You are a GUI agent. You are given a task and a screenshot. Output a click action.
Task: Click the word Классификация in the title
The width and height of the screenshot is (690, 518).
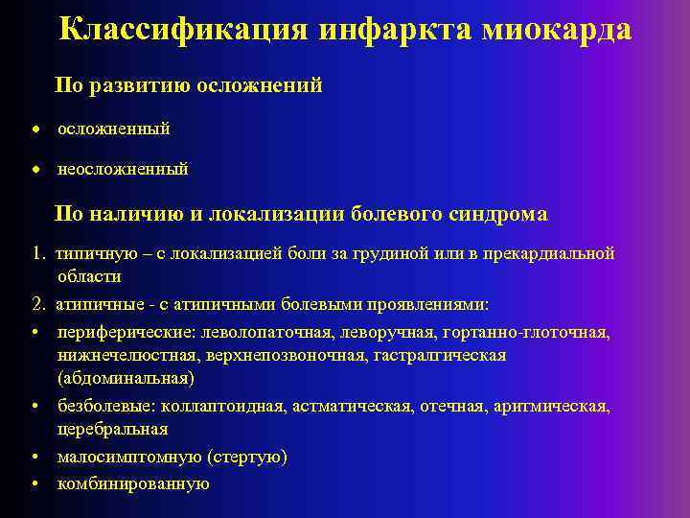point(183,29)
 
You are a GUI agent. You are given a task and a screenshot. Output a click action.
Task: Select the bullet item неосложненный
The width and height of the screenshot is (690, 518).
point(123,169)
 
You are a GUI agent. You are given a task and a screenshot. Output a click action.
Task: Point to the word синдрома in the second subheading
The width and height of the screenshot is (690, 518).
point(497,214)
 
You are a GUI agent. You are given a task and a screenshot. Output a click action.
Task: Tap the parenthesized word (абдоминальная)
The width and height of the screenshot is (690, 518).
point(125,378)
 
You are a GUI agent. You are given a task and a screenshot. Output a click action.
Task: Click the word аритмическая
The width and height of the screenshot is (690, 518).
point(550,407)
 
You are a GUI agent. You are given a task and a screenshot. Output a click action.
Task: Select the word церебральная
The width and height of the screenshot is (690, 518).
point(112,429)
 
